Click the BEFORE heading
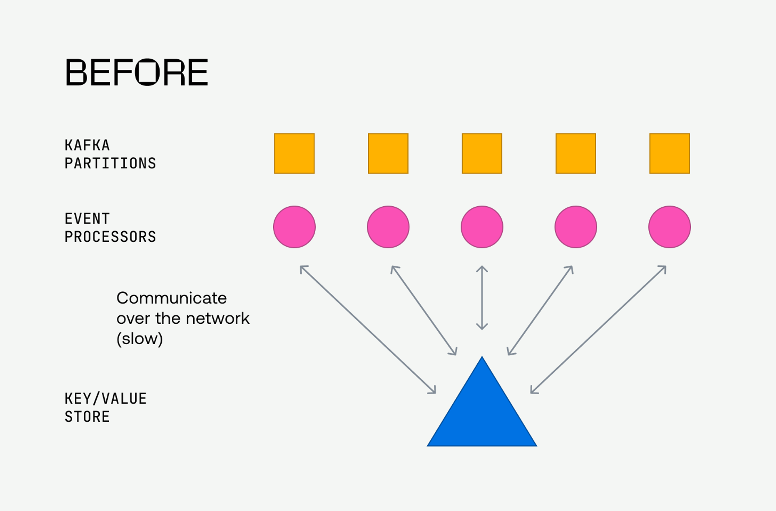pyautogui.click(x=136, y=72)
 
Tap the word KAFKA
pyautogui.click(x=87, y=145)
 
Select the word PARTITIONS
pyautogui.click(x=110, y=163)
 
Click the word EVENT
pyautogui.click(x=87, y=219)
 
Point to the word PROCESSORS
pyautogui.click(x=110, y=237)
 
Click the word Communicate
pyautogui.click(x=171, y=298)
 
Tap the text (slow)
pyautogui.click(x=139, y=339)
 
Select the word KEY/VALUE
pyautogui.click(x=105, y=399)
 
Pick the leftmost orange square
pyautogui.click(x=294, y=153)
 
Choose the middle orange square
pyautogui.click(x=482, y=153)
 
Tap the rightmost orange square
pyautogui.click(x=669, y=153)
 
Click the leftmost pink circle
pyautogui.click(x=294, y=227)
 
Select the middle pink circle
pyautogui.click(x=482, y=227)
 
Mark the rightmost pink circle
pyautogui.click(x=669, y=227)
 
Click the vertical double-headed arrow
pyautogui.click(x=482, y=298)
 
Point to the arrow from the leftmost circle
pyautogui.click(x=368, y=329)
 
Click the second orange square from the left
pyautogui.click(x=388, y=153)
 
